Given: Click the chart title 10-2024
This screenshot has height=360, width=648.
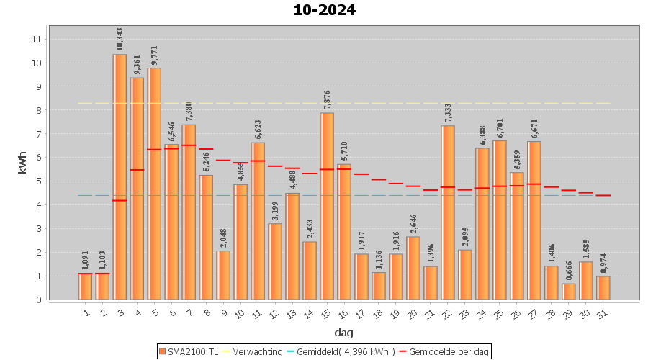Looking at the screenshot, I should [324, 11].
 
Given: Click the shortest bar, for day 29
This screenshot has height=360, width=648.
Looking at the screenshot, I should [569, 292].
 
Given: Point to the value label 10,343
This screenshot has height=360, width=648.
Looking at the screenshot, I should [120, 40].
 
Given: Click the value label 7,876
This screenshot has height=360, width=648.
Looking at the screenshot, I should [327, 99].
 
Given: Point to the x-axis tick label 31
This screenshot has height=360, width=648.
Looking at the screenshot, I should [603, 314].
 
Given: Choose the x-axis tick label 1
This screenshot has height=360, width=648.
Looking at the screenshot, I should [86, 313].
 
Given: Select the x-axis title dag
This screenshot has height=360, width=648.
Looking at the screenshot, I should [343, 333].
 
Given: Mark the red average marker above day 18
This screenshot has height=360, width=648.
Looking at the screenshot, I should [379, 179].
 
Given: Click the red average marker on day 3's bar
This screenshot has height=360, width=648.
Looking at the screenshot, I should [120, 200].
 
